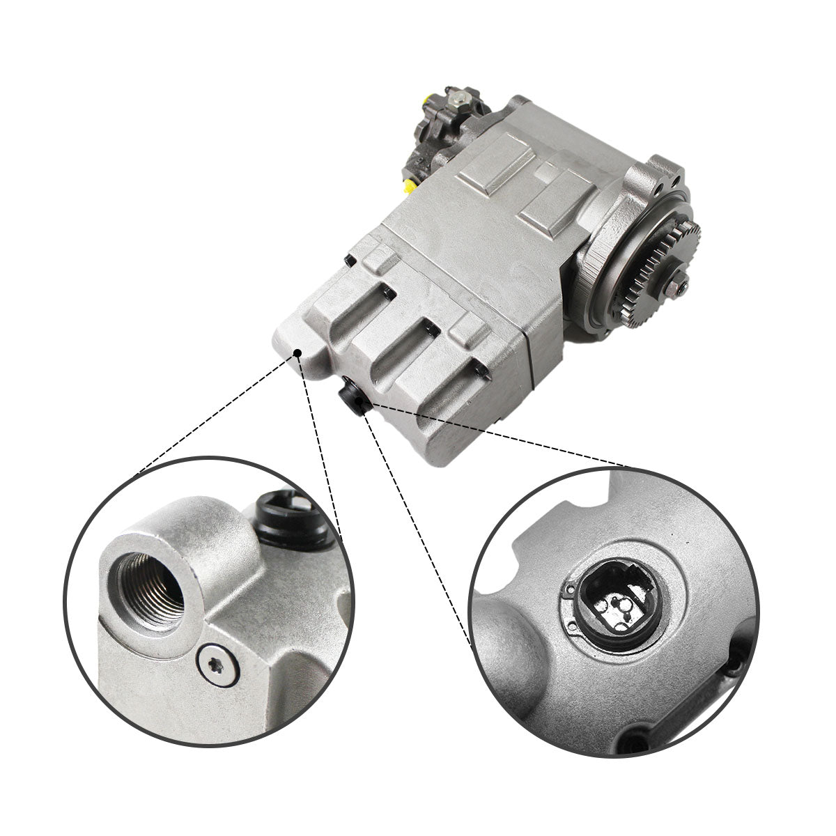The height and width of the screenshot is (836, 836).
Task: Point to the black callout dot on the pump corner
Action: tap(298, 354)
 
